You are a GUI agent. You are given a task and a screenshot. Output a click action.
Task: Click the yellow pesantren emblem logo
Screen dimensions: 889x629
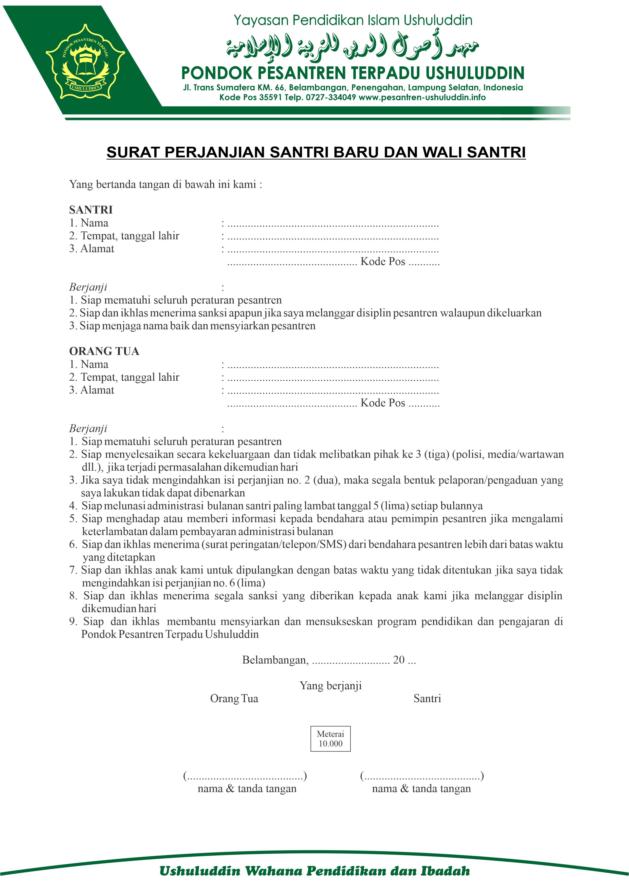click(85, 61)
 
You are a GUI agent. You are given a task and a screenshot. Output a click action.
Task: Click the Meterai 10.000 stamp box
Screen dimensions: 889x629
click(330, 738)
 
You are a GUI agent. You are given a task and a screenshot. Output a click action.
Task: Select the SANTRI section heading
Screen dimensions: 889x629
click(91, 210)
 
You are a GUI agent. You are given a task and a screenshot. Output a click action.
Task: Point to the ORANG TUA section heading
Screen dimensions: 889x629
click(104, 351)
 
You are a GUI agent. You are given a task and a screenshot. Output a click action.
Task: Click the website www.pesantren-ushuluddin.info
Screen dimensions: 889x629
click(422, 98)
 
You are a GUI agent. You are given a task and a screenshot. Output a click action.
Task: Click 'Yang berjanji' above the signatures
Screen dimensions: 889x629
click(330, 686)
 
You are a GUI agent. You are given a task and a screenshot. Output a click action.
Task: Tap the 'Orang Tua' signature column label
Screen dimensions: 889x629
click(234, 699)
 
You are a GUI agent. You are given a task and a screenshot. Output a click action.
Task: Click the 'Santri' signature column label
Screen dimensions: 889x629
click(427, 699)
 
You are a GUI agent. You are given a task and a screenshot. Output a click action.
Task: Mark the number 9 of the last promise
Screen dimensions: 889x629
click(73, 622)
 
